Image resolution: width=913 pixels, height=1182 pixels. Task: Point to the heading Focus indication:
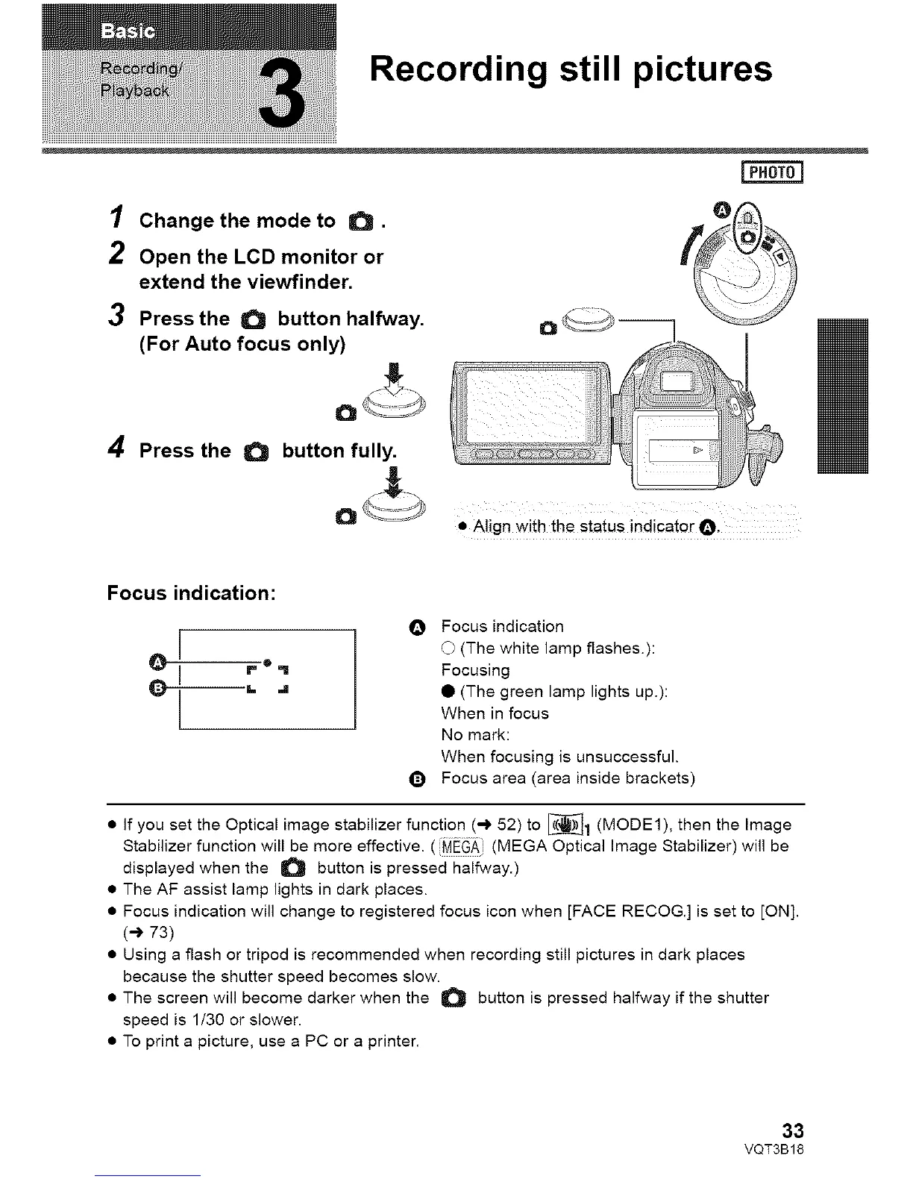pyautogui.click(x=192, y=593)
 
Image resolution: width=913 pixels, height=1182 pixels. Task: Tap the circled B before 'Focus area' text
pyautogui.click(x=417, y=780)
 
